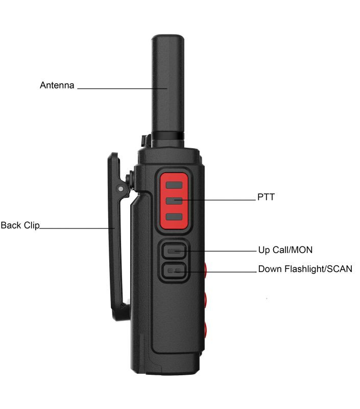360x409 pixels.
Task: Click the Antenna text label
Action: [x=57, y=85]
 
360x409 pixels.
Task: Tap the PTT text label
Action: [x=266, y=197]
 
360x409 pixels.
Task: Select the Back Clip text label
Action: [x=20, y=225]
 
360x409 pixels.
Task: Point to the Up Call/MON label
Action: [x=285, y=250]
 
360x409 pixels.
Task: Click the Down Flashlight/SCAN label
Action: [x=305, y=269]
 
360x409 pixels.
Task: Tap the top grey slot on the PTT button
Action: [x=174, y=185]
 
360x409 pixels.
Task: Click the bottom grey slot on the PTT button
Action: [x=174, y=216]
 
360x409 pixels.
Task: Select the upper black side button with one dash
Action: [x=174, y=251]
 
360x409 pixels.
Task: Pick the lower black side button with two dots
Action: [x=174, y=270]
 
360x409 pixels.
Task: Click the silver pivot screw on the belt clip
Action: [x=121, y=189]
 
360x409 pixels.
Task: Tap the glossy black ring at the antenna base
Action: [x=168, y=136]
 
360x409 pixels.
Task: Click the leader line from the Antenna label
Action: [x=122, y=88]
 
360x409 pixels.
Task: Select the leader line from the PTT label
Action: [x=215, y=200]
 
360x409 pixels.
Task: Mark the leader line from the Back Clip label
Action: [x=77, y=229]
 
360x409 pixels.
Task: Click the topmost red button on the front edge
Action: [x=205, y=270]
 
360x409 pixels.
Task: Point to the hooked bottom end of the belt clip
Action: [x=121, y=313]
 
